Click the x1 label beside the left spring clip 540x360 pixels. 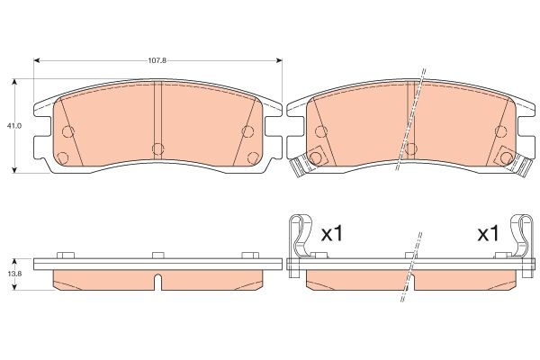click(x=333, y=234)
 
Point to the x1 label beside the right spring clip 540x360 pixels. click(x=487, y=234)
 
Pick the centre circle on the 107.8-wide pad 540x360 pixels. click(x=156, y=148)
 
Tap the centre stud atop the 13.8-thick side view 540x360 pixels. click(x=157, y=256)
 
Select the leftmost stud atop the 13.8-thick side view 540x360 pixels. click(x=64, y=256)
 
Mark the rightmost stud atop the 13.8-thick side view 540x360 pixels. click(x=249, y=256)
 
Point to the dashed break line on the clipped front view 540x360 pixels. click(x=410, y=121)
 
